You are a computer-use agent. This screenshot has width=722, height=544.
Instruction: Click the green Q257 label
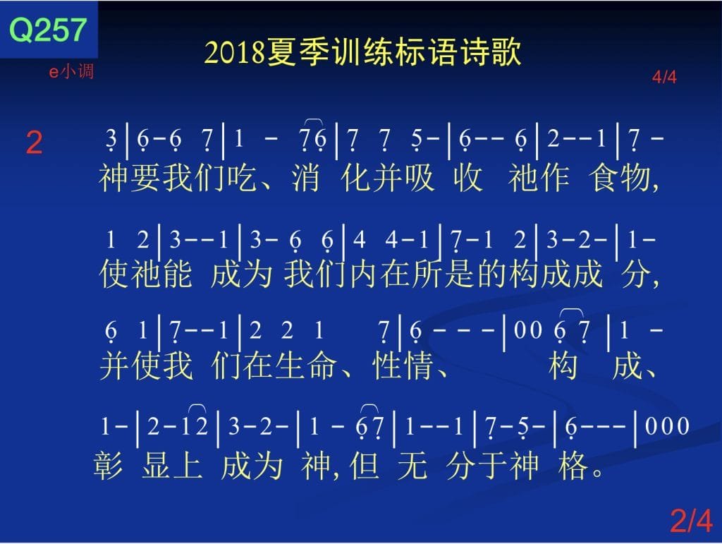point(48,30)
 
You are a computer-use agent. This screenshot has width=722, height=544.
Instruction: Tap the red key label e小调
point(71,71)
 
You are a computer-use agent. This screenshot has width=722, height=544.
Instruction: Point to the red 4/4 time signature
point(664,77)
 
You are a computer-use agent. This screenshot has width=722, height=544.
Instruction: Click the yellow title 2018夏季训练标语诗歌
point(362,52)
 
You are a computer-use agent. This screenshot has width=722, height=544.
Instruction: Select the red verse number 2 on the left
point(34,143)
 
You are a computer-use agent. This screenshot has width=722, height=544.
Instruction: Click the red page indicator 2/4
point(692,520)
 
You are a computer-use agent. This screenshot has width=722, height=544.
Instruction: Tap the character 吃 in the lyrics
point(242,178)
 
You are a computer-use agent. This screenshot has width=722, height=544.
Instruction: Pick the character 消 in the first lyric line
point(305,178)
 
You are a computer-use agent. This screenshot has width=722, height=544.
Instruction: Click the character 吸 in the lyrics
point(419,178)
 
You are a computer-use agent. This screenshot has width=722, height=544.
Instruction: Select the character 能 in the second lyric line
point(177,274)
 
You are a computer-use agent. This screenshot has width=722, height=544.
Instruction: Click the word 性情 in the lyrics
point(403,365)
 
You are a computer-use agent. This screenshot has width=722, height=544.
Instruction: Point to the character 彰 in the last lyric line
point(108,465)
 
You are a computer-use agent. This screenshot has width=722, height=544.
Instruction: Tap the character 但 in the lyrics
point(365,465)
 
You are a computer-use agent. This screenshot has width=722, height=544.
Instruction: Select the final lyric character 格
point(573,465)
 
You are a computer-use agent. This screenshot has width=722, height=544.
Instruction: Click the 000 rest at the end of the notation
point(667,425)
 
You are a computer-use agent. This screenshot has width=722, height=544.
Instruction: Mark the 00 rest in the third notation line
point(527,330)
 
